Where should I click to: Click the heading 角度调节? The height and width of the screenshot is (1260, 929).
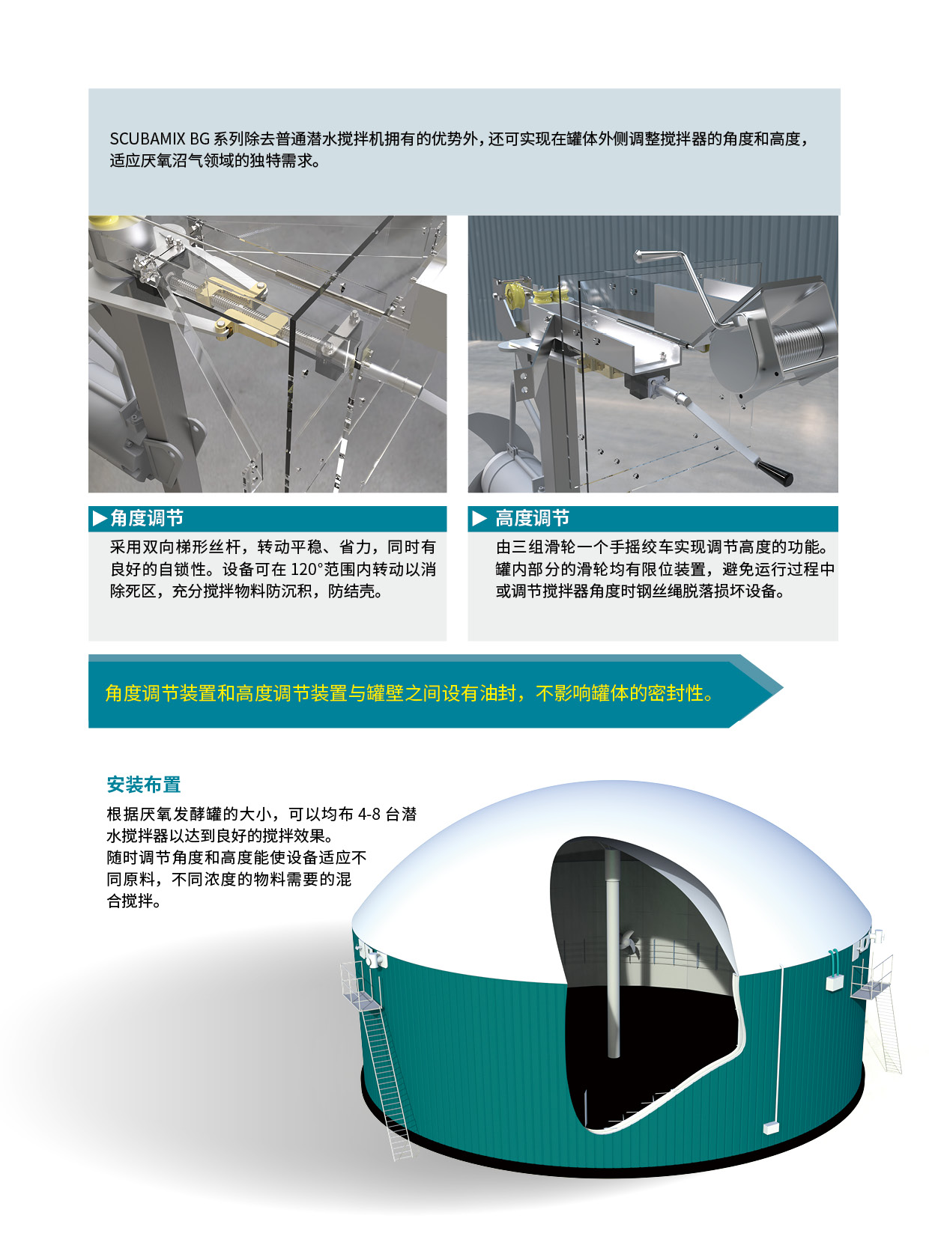pos(147,518)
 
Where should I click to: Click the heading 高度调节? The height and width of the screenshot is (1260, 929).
pos(533,518)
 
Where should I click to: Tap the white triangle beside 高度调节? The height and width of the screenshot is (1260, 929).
pos(479,518)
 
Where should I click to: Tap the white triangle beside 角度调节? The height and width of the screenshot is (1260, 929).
pos(100,518)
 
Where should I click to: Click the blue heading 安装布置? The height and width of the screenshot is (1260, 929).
pos(144,784)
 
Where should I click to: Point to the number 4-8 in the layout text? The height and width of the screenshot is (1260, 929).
pos(369,814)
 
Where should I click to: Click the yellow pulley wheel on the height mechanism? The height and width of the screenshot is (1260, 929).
pos(515,295)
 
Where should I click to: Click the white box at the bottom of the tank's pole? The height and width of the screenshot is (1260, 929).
pos(771,1127)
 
